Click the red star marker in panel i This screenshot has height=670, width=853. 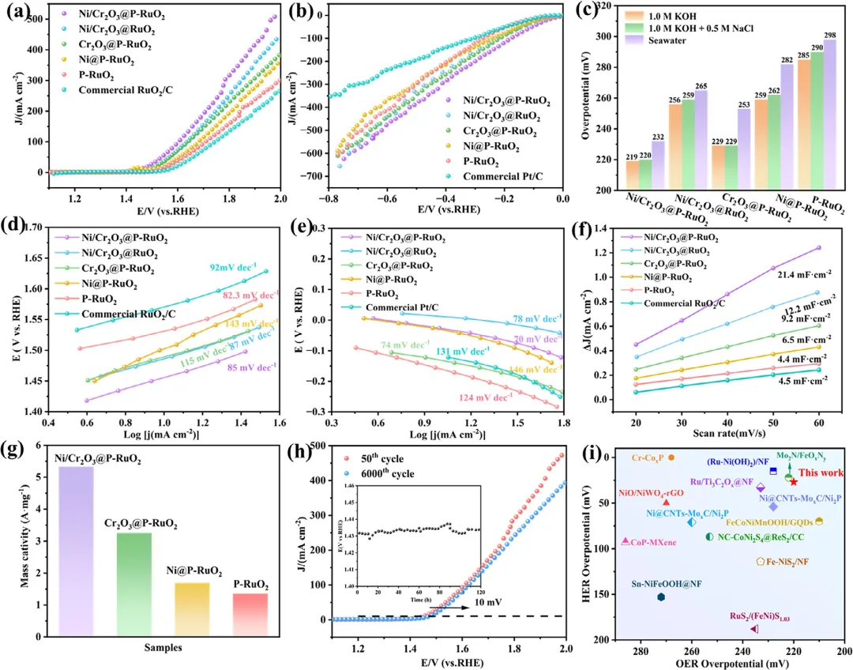pyautogui.click(x=794, y=481)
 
